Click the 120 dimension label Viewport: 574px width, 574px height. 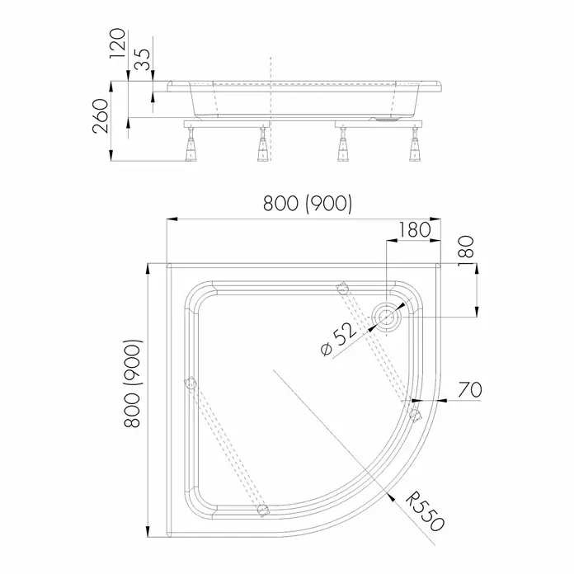(x=118, y=44)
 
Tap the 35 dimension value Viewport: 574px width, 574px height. (x=142, y=59)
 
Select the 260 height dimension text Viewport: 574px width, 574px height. (x=101, y=115)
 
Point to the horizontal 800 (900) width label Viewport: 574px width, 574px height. (x=308, y=204)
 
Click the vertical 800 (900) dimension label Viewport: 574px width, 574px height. (x=132, y=383)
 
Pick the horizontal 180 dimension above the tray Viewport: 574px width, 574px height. (x=414, y=229)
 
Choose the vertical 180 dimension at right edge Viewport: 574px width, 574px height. (x=466, y=252)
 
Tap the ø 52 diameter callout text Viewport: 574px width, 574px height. (x=338, y=339)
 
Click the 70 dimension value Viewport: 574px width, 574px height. (x=470, y=389)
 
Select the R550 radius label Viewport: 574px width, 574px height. (x=426, y=512)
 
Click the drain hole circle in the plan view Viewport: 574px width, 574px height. (x=387, y=317)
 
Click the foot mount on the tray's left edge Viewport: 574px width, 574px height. (x=191, y=384)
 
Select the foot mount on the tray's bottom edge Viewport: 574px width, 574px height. (x=263, y=510)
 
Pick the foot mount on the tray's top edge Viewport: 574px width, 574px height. (x=342, y=288)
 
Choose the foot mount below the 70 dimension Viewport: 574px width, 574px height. (x=415, y=415)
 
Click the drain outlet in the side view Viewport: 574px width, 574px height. (x=384, y=119)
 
